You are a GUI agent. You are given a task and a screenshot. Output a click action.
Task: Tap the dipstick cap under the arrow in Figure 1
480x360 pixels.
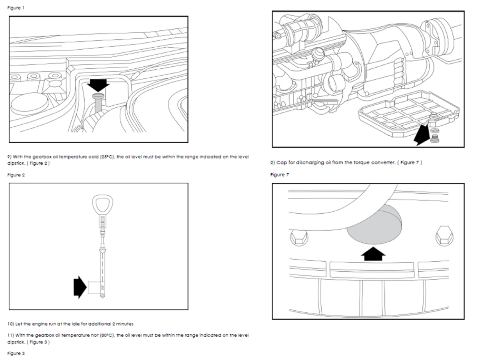pos(97,96)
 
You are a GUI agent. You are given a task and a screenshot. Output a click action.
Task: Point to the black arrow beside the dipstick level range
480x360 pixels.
pos(80,286)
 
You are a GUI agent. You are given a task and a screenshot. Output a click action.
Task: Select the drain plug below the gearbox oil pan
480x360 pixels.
pos(434,138)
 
